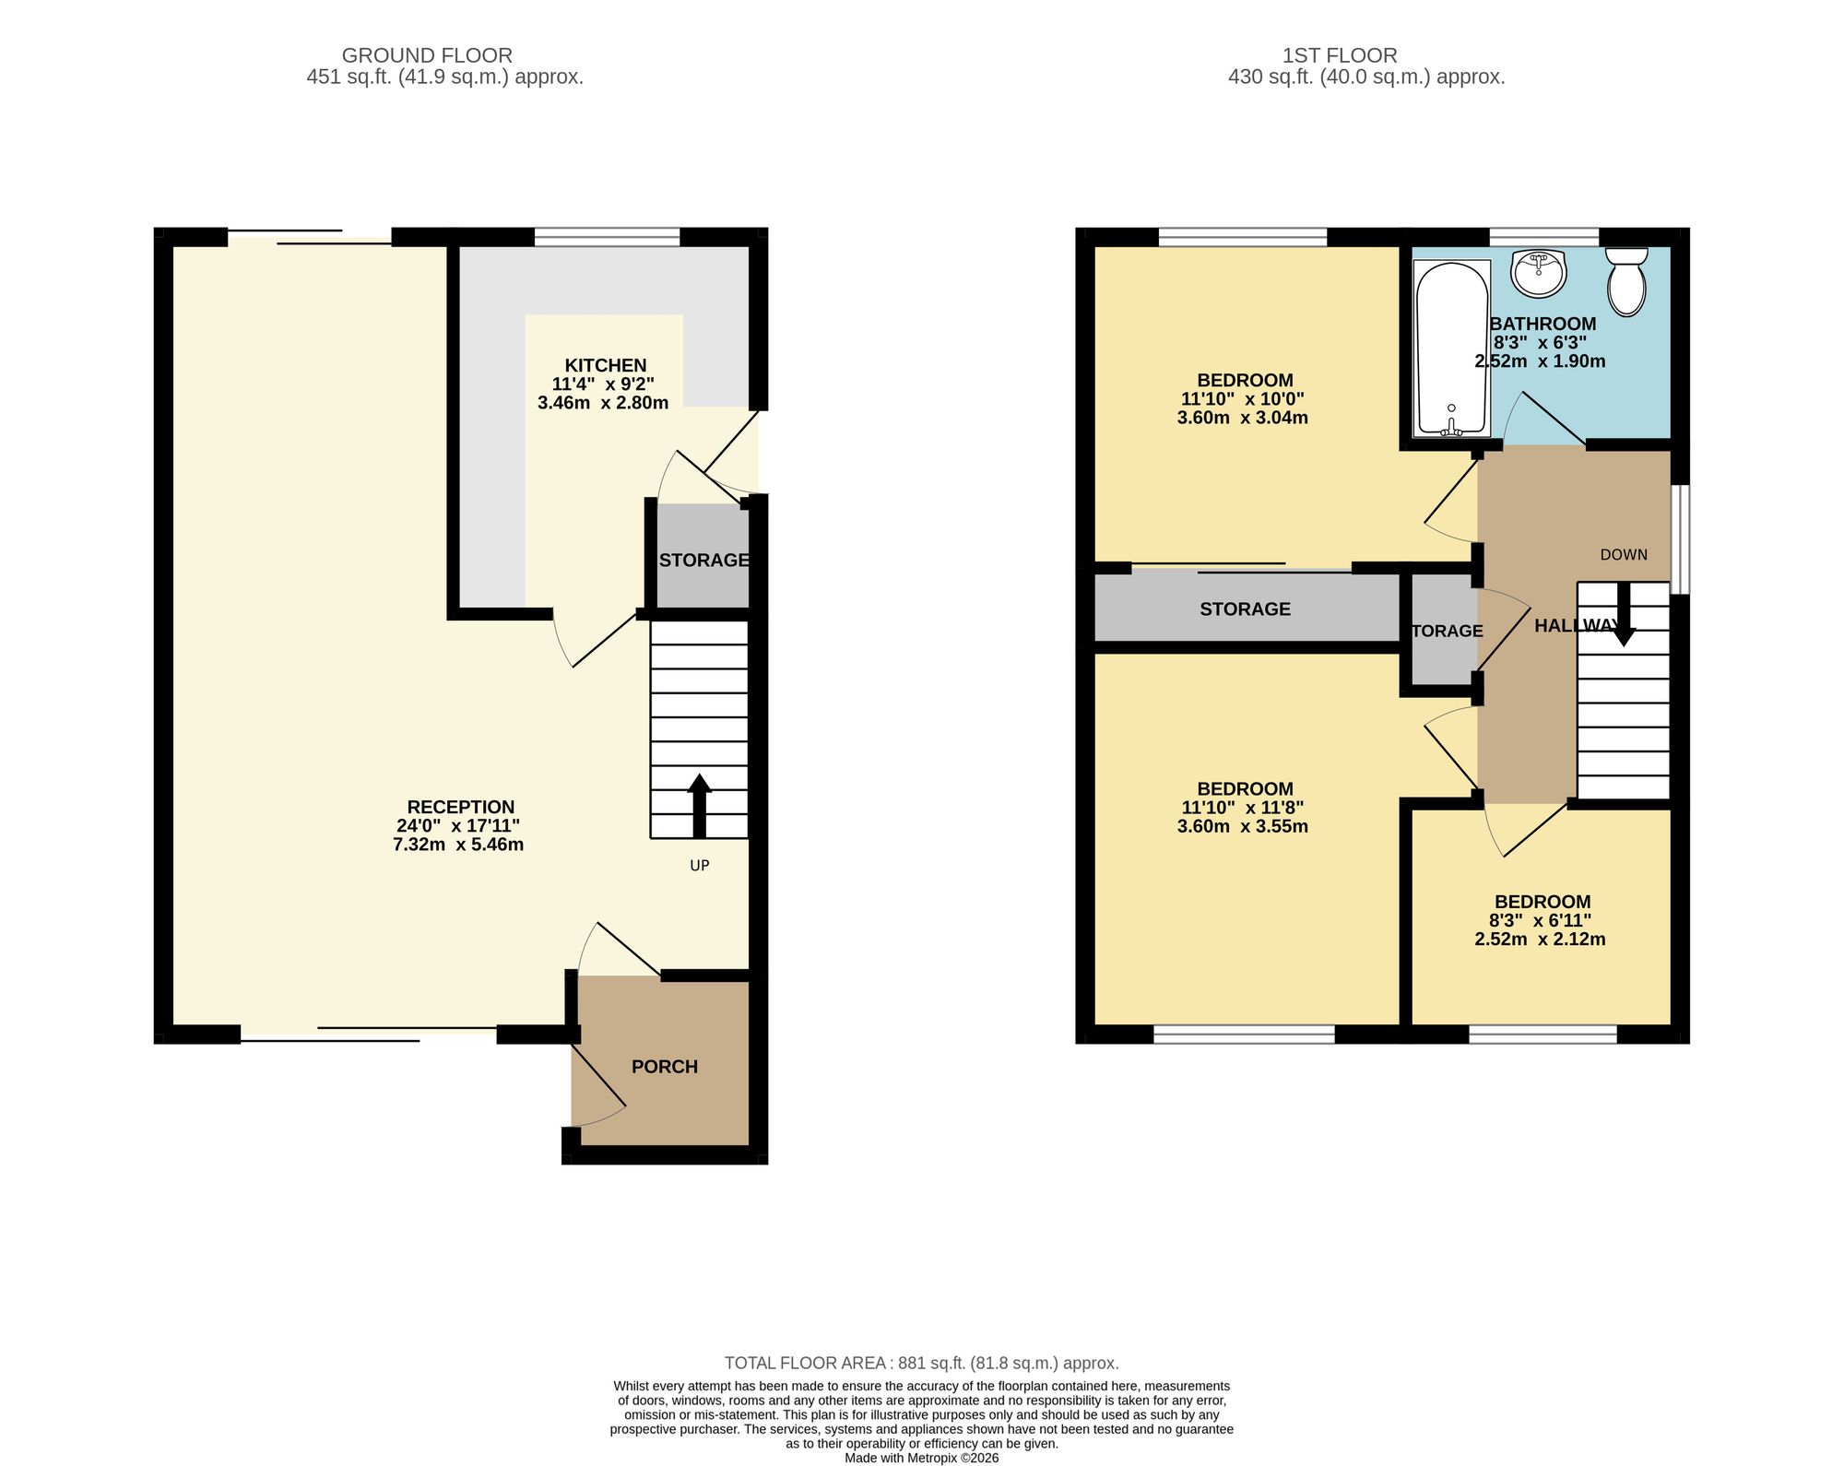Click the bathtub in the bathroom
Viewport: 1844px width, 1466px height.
(x=1452, y=349)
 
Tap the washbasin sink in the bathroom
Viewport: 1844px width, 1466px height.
(x=1539, y=273)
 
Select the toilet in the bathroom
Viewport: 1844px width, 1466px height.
(x=1626, y=281)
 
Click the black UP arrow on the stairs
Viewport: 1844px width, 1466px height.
(x=699, y=805)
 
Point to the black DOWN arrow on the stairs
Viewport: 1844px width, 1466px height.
(x=1622, y=614)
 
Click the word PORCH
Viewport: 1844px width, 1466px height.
(x=665, y=1067)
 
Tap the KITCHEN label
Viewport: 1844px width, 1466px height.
(x=606, y=365)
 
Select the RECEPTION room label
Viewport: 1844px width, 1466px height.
(x=461, y=807)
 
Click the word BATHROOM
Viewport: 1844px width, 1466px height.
(x=1543, y=324)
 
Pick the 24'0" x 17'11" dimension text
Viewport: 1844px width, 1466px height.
(x=458, y=826)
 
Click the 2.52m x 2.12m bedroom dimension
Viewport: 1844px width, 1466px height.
(x=1540, y=940)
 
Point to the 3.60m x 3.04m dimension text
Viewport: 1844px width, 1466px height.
(x=1243, y=418)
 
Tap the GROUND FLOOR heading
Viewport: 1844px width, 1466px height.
(x=427, y=55)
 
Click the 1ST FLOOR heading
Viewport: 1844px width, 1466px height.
(x=1340, y=55)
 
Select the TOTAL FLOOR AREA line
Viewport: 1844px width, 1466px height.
(x=922, y=1363)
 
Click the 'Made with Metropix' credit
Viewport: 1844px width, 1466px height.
(x=922, y=1458)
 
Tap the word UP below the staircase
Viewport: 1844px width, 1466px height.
(x=700, y=866)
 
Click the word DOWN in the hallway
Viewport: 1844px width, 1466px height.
(x=1624, y=555)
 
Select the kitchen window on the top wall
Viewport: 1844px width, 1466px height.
(x=607, y=238)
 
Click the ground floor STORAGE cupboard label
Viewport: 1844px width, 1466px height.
(x=703, y=561)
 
